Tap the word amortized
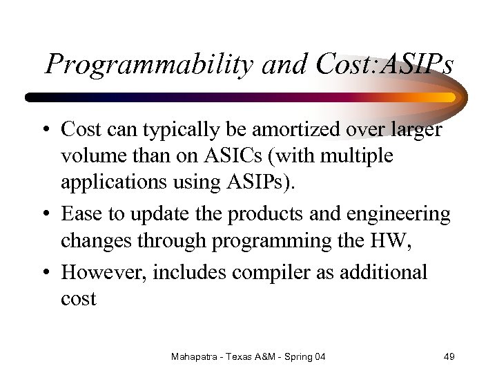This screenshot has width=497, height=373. (287, 129)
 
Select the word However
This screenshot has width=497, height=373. (103, 272)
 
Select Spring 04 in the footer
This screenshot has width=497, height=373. (306, 356)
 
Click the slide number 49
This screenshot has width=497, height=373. (449, 356)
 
